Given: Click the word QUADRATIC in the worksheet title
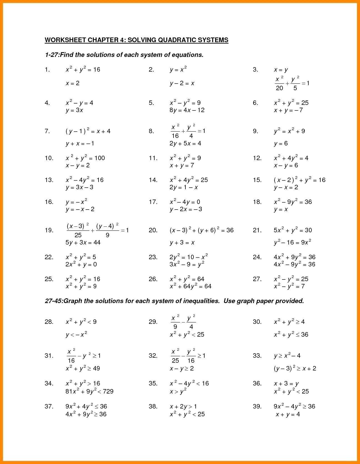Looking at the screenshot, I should click(177, 40).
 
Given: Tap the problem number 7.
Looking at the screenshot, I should click(47, 131).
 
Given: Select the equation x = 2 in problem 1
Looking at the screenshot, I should click(72, 83).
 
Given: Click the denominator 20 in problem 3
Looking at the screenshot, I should click(280, 88).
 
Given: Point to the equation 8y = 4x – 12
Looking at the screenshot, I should click(187, 110).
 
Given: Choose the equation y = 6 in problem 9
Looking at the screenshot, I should click(281, 143).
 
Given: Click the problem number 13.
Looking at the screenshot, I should click(49, 180).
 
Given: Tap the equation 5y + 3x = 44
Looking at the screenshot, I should click(83, 243).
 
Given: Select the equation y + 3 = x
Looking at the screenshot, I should click(182, 243).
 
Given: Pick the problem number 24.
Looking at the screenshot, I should click(257, 257).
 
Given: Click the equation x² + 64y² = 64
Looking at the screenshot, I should click(191, 286).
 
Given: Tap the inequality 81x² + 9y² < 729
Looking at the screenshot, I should click(89, 392).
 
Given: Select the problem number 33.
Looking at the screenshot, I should click(257, 355).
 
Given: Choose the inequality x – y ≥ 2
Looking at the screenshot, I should click(182, 369).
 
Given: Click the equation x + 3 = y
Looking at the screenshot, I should click(286, 384).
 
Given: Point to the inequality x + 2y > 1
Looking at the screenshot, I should click(183, 407).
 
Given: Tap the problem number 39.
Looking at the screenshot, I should click(257, 407).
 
